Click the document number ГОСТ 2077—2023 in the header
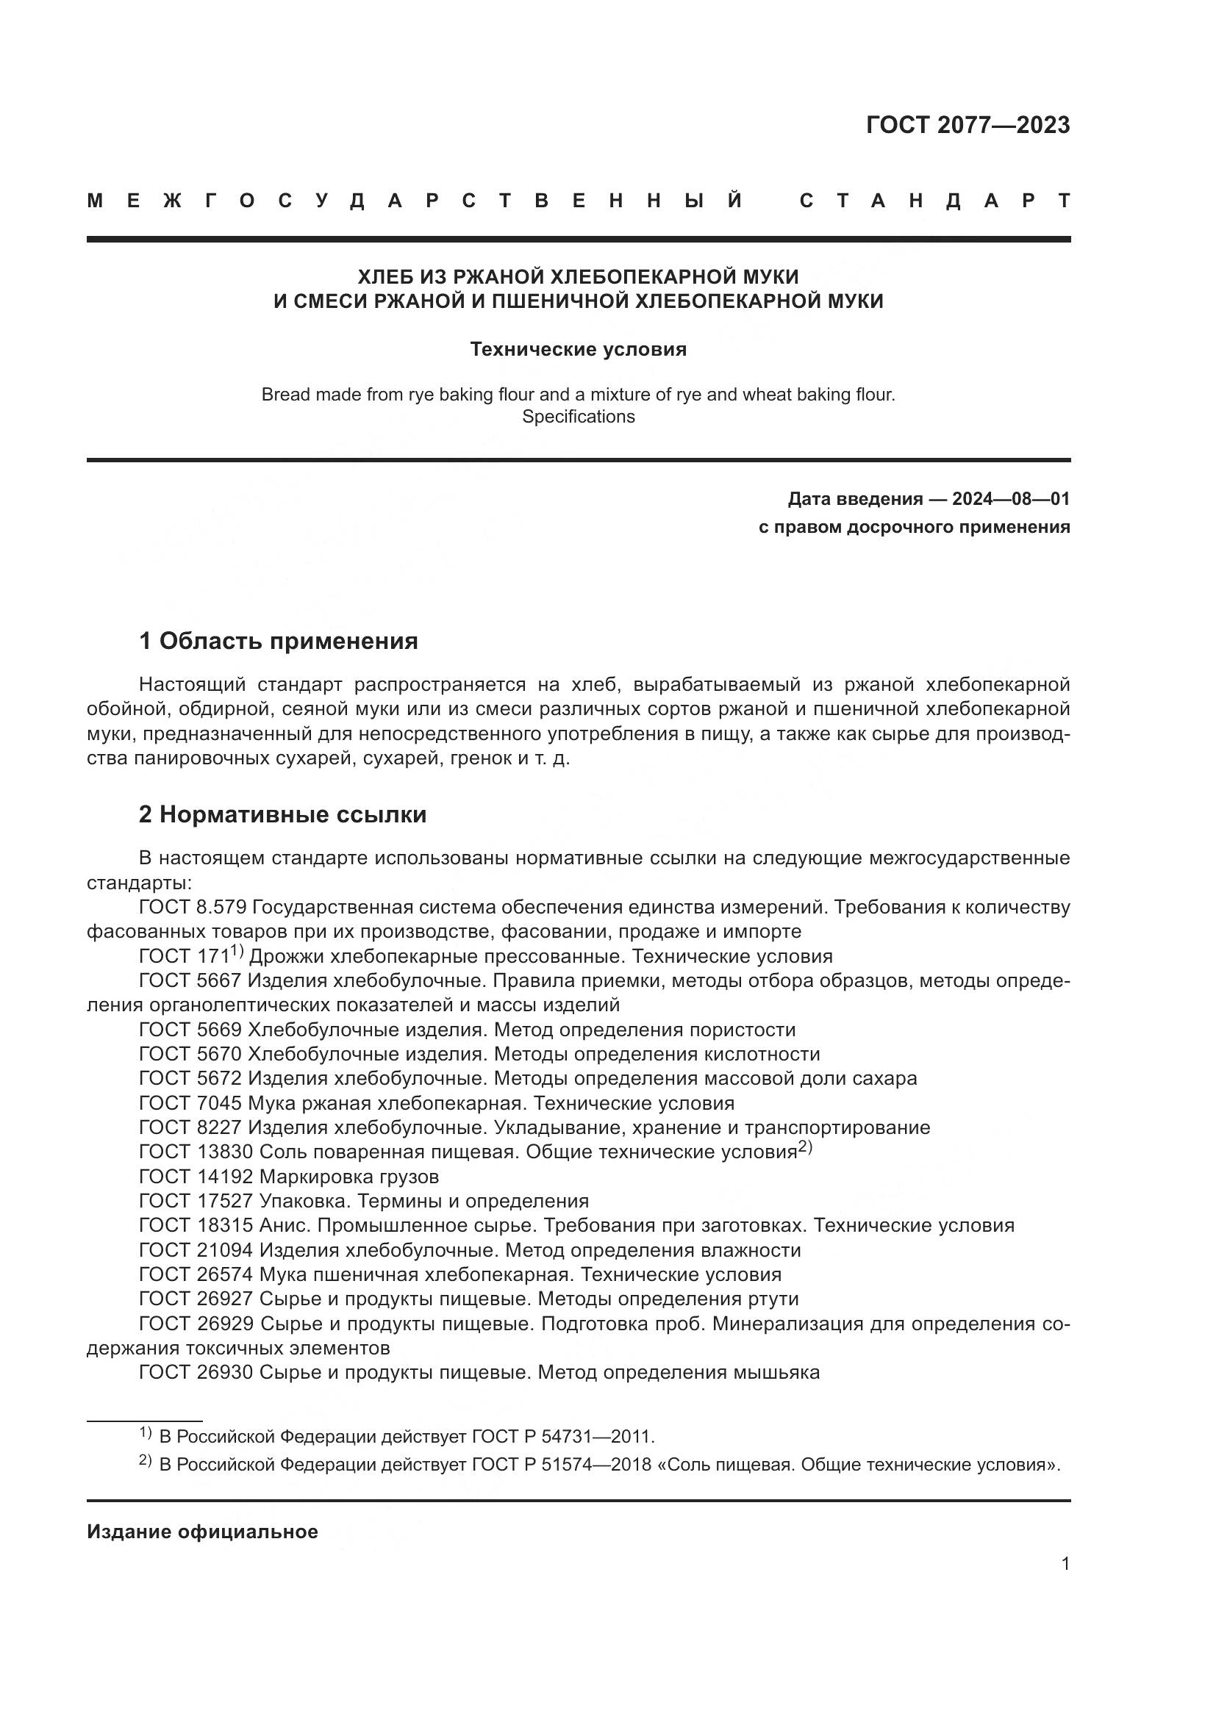coord(968,125)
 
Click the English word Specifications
coord(578,417)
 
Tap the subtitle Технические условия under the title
coord(578,350)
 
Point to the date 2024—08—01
coord(1011,499)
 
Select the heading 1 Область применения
coord(278,641)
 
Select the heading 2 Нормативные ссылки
coord(282,814)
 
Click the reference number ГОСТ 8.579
coord(193,908)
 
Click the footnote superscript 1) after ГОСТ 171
coord(237,952)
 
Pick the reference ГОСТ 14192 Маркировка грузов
coord(289,1177)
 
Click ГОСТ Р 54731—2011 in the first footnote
coord(562,1437)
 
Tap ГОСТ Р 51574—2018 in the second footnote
coord(561,1465)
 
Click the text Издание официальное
coord(202,1532)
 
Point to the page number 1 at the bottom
coord(1065,1564)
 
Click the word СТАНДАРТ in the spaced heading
coord(934,201)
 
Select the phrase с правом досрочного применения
coord(914,527)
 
